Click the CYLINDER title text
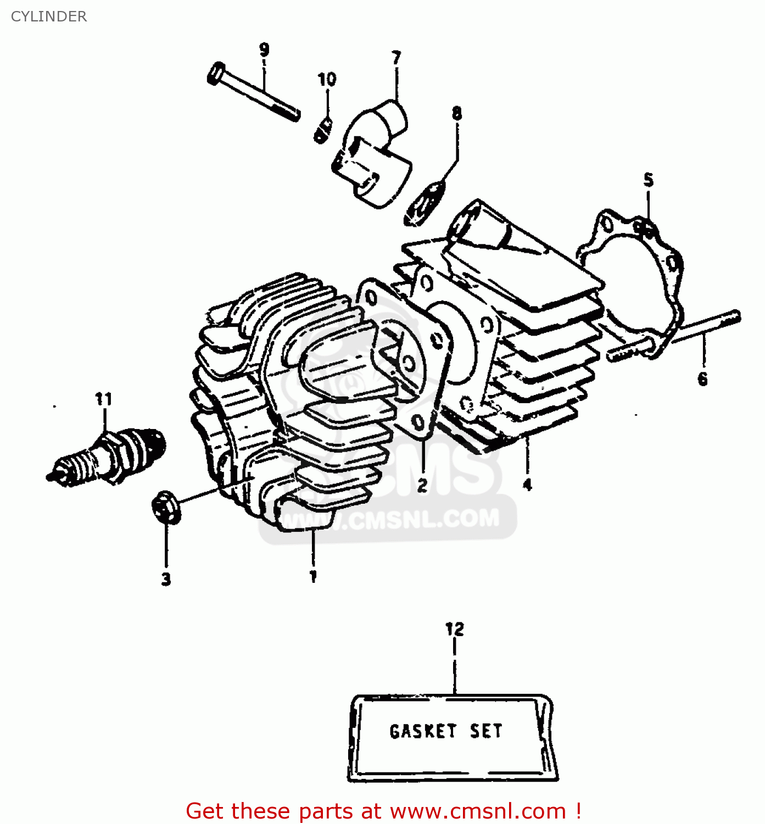point(49,16)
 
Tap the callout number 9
point(264,50)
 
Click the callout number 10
point(327,80)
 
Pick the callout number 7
point(397,58)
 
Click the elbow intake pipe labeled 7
point(373,154)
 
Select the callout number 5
point(649,180)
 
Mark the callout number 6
point(703,378)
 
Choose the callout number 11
point(103,399)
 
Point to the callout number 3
point(166,578)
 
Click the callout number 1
point(313,576)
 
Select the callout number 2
point(422,485)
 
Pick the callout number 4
point(527,485)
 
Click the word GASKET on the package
point(423,731)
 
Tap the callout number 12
point(455,629)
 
